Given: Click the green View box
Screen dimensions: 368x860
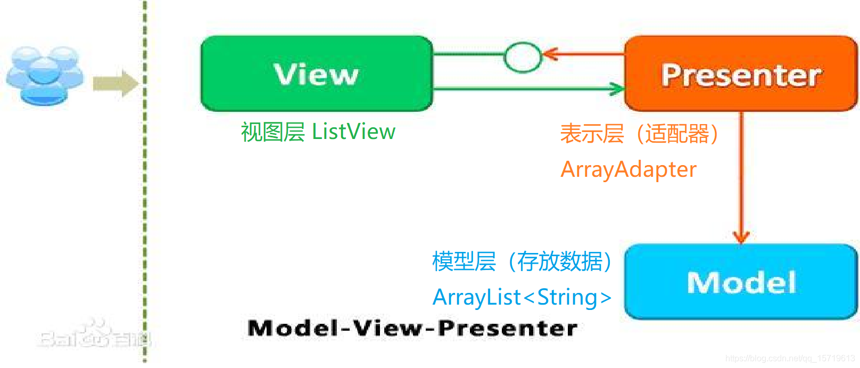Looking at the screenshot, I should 316,73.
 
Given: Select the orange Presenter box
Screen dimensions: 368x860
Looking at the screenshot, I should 740,73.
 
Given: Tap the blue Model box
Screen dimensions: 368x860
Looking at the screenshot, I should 740,282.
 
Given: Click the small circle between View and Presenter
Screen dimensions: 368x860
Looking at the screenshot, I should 522,57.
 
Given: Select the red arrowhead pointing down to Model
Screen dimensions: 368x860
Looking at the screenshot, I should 741,236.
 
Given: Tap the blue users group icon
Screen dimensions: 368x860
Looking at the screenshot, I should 45,75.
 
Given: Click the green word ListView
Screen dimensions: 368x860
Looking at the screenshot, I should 353,132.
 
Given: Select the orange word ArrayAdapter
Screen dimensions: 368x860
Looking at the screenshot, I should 628,169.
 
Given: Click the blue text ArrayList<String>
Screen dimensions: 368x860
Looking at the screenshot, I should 522,297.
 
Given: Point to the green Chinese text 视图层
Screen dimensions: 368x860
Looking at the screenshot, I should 272,132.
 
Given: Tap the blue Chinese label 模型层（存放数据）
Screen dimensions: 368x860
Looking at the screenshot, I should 522,261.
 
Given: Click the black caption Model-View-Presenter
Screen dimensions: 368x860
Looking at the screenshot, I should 412,328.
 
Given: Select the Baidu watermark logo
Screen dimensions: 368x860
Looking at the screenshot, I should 93,336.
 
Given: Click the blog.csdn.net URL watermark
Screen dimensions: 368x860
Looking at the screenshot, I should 790,358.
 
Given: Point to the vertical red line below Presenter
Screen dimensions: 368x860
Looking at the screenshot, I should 741,170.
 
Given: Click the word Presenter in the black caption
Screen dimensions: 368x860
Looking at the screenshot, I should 508,328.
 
